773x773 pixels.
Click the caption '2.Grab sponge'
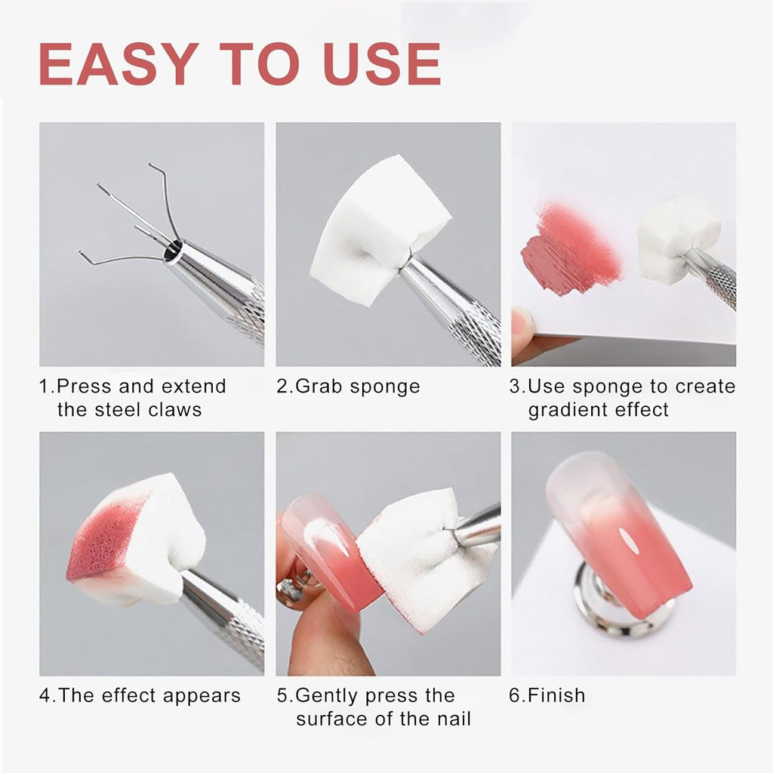(348, 386)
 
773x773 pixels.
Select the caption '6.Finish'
(547, 695)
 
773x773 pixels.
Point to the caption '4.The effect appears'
(140, 695)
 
